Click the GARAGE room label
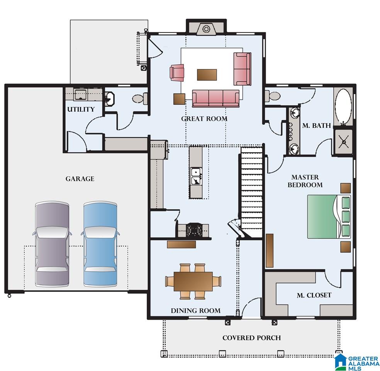pyautogui.click(x=80, y=179)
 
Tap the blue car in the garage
pyautogui.click(x=100, y=244)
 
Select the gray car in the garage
pyautogui.click(x=52, y=244)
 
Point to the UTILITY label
pyautogui.click(x=81, y=109)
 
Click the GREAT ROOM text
pyautogui.click(x=204, y=119)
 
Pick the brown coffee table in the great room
pyautogui.click(x=207, y=75)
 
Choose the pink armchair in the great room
pyautogui.click(x=177, y=73)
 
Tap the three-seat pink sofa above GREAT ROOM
pyautogui.click(x=216, y=99)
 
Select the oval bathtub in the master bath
pyautogui.click(x=343, y=106)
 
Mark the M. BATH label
pyautogui.click(x=317, y=126)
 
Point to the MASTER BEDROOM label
pyautogui.click(x=305, y=181)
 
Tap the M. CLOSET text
pyautogui.click(x=314, y=295)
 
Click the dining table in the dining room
pyautogui.click(x=193, y=281)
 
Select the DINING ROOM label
pyautogui.click(x=195, y=311)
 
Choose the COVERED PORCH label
pyautogui.click(x=251, y=338)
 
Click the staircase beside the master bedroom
pyautogui.click(x=251, y=192)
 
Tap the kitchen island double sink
pyautogui.click(x=196, y=176)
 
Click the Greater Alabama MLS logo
pyautogui.click(x=357, y=363)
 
